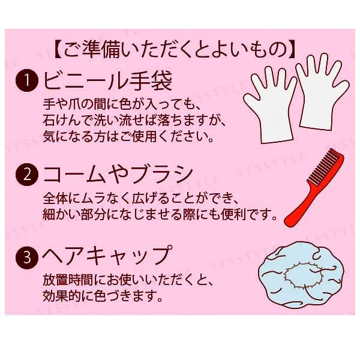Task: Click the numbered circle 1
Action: [27, 80]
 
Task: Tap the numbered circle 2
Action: [27, 175]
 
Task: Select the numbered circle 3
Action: [27, 257]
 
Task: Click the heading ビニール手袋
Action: [107, 80]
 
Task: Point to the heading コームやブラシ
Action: [118, 175]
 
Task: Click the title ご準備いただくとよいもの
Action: [175, 49]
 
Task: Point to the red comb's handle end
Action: [288, 221]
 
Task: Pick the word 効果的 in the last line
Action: [62, 296]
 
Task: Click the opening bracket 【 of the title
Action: [58, 49]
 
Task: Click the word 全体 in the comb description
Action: [56, 199]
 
